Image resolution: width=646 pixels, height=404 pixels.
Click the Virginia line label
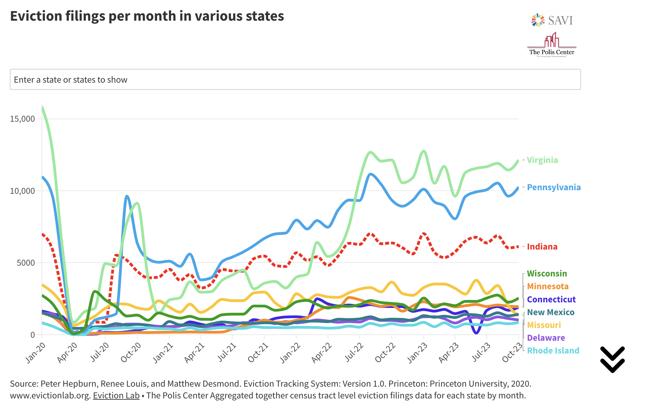pos(542,160)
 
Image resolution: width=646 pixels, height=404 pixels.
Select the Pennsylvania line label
pos(554,187)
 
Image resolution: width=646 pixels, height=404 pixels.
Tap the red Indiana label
pos(542,247)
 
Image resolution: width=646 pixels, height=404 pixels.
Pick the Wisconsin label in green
pos(547,273)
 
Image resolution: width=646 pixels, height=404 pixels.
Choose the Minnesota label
pos(548,286)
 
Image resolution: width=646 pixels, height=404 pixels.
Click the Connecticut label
pos(551,299)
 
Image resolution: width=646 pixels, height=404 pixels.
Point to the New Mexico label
pos(551,312)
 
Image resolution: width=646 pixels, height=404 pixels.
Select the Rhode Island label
pos(553,351)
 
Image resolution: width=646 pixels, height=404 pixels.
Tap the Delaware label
pos(546,338)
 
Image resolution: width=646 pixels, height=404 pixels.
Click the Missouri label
pos(544,325)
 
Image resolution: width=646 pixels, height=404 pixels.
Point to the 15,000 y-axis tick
pos(22,119)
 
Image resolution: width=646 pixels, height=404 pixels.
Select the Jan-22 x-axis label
pos(290,353)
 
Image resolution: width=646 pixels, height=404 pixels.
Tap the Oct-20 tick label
pos(131,353)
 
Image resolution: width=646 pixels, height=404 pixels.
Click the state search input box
pos(295,79)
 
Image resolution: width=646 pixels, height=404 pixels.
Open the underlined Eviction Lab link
pos(116,395)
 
